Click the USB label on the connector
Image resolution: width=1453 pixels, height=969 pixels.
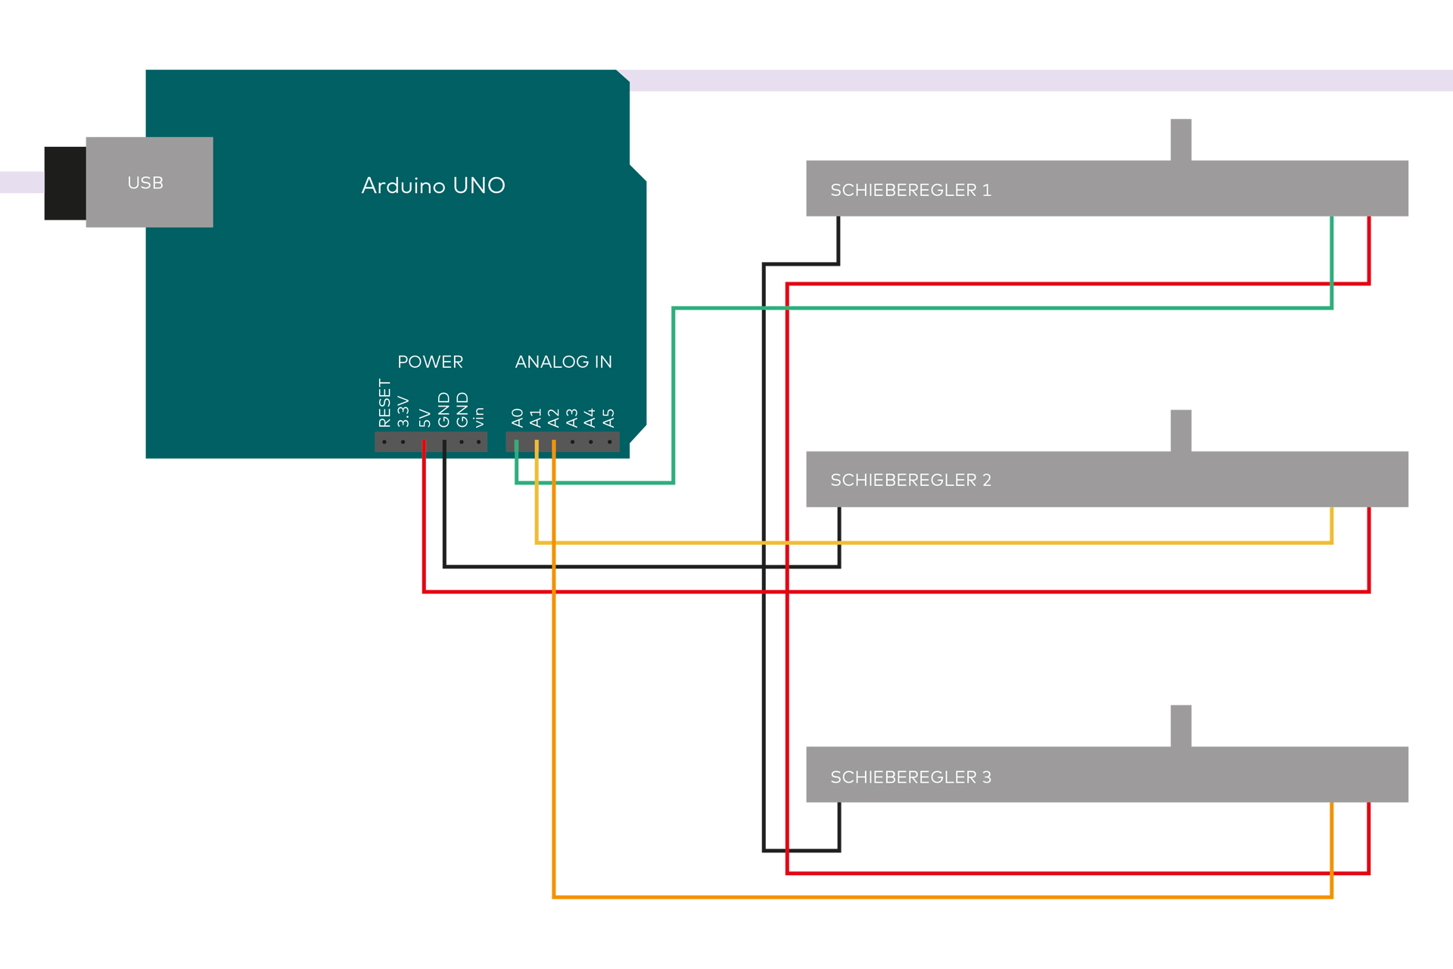click(145, 182)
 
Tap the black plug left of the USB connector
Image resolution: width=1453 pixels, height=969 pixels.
click(65, 183)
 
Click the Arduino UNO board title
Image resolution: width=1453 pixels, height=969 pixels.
click(433, 185)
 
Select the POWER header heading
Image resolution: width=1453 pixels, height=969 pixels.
click(430, 362)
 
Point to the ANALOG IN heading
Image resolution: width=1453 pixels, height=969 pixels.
click(564, 362)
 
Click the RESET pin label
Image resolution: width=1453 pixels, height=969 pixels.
click(384, 403)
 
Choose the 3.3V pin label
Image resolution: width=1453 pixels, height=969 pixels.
click(403, 412)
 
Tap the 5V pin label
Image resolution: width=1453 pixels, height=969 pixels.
click(425, 419)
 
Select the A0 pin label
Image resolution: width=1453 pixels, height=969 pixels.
click(518, 418)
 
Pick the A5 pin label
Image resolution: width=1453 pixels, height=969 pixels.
click(609, 418)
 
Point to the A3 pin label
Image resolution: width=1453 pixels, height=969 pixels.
click(572, 418)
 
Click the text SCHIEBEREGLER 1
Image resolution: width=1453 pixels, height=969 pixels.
click(910, 190)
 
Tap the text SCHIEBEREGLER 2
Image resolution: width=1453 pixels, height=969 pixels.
click(910, 480)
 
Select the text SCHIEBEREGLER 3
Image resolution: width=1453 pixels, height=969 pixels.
click(910, 777)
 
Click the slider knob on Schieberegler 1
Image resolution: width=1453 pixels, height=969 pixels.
click(1181, 140)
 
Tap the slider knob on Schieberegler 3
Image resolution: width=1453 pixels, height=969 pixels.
click(1181, 726)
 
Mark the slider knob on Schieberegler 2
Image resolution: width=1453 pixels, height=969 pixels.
click(1181, 431)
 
